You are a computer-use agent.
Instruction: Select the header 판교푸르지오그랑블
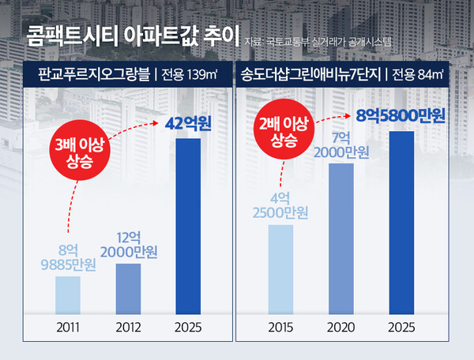[94, 76]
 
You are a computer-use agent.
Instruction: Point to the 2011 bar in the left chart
[68, 294]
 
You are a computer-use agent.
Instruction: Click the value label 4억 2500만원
[282, 205]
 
